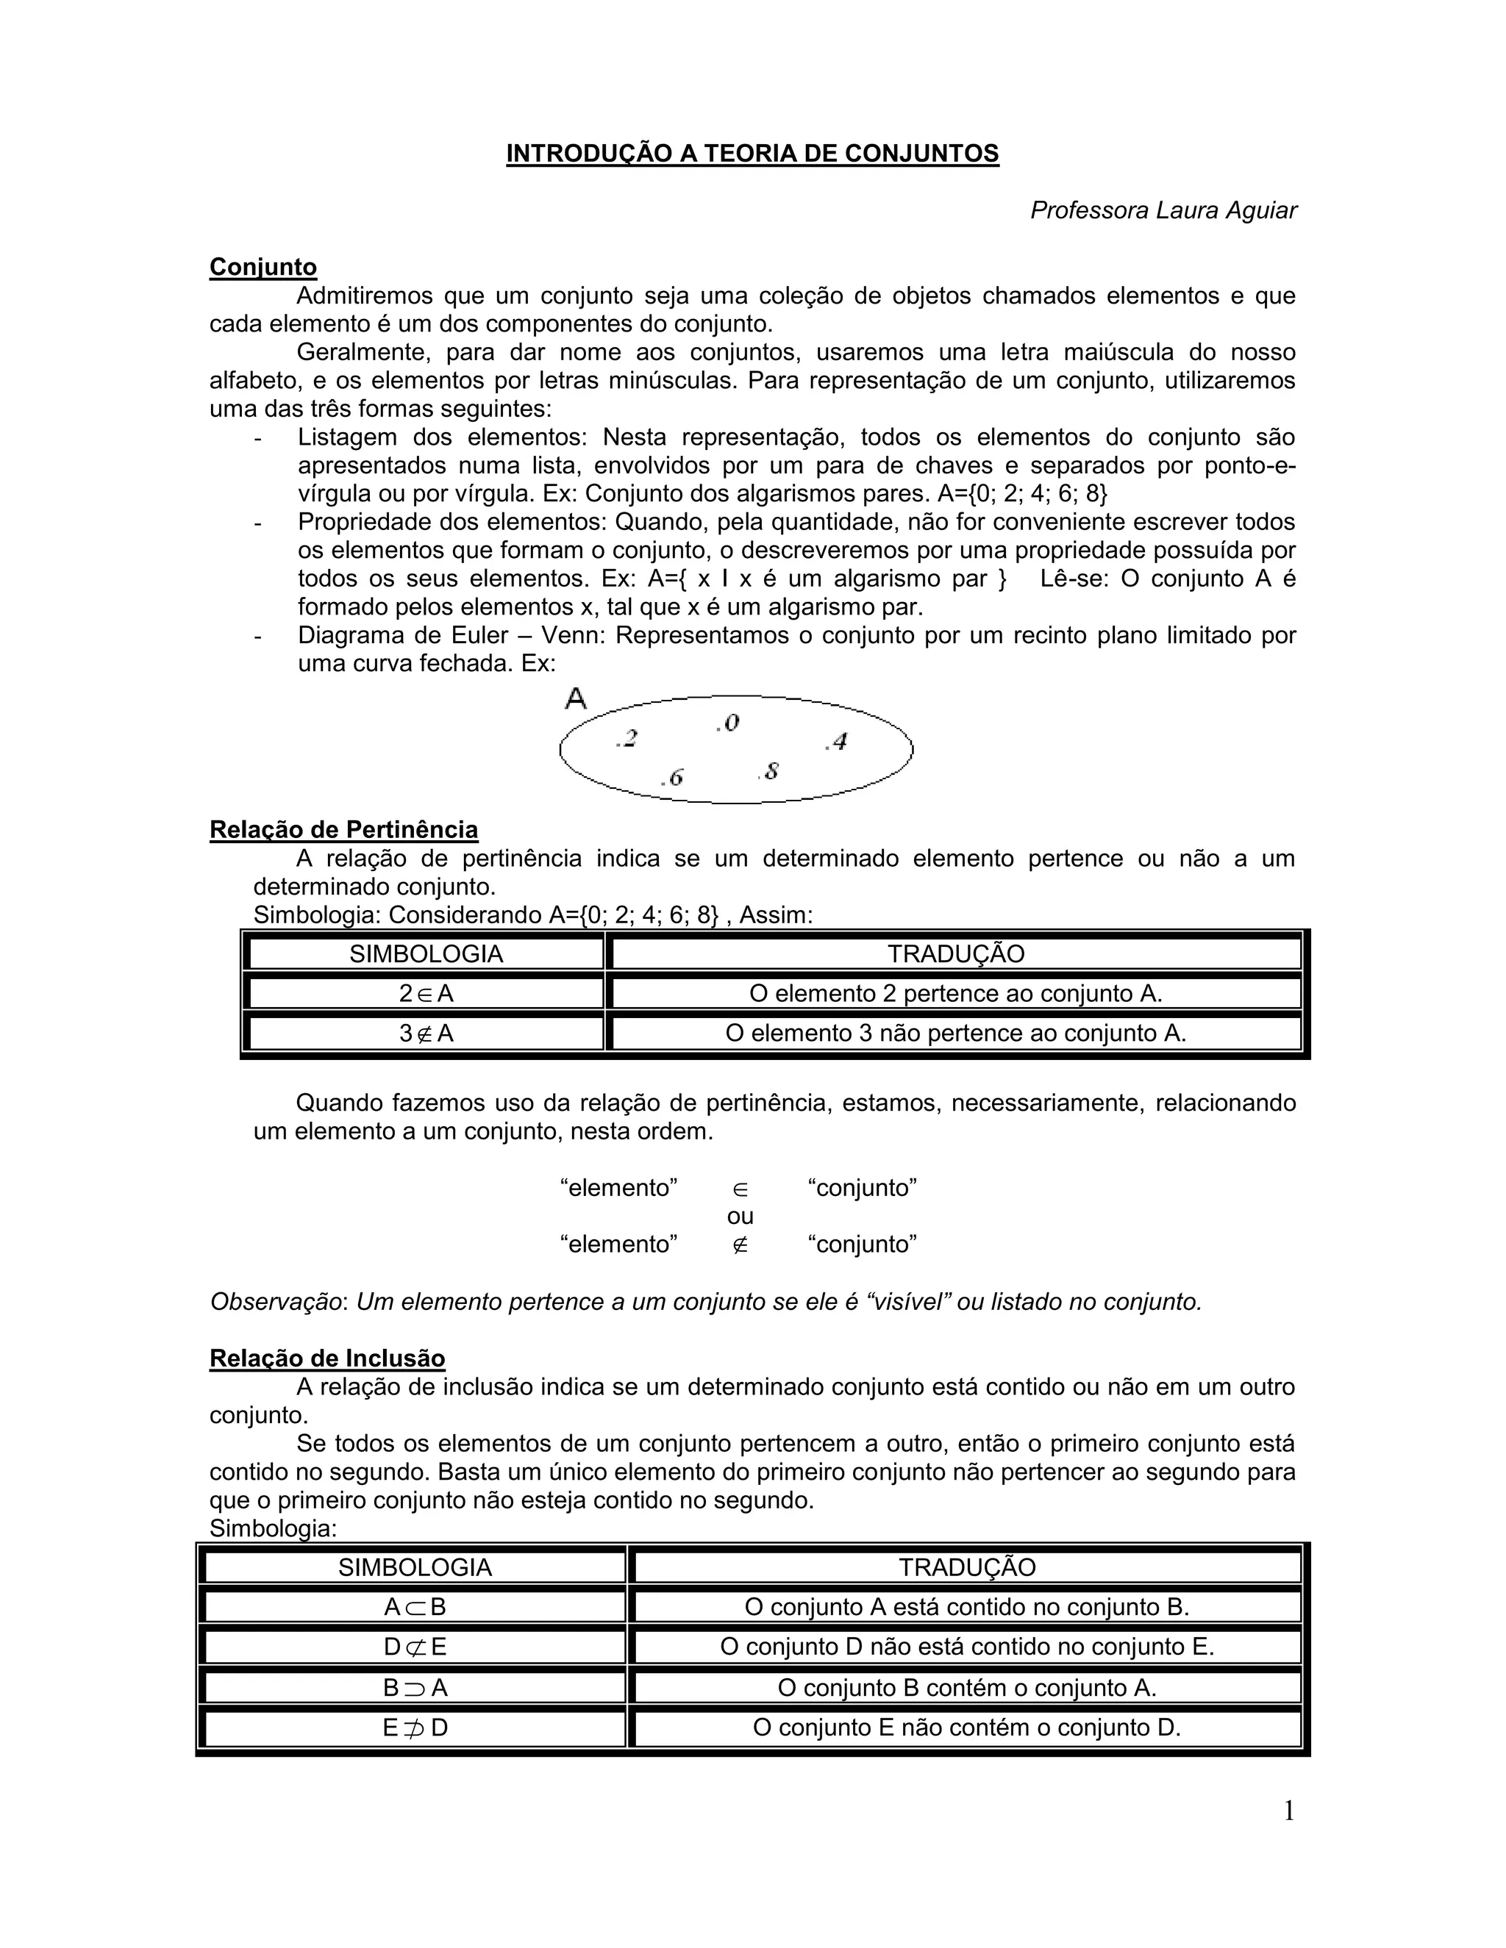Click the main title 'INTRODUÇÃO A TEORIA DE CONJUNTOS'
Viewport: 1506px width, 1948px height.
click(752, 154)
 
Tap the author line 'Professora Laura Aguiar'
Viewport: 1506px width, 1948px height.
click(1163, 210)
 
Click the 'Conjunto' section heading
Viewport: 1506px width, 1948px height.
click(263, 267)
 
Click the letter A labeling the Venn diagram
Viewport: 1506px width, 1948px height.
click(577, 698)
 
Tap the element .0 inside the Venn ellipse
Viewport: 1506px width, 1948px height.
click(728, 723)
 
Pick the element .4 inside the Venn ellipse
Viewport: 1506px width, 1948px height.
click(836, 741)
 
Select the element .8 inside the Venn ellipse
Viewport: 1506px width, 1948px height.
click(769, 770)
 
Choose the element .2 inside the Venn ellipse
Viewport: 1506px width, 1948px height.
click(627, 739)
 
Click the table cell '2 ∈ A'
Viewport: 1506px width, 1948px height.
click(427, 994)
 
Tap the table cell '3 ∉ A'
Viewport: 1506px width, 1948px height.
click(427, 1034)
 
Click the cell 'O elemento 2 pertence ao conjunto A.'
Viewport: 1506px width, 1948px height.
click(955, 994)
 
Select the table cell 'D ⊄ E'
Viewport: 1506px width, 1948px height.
click(415, 1647)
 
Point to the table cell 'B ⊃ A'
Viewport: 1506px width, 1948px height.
click(415, 1688)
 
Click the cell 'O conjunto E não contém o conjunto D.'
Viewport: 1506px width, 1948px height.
click(966, 1727)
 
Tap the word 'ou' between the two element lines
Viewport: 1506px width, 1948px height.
click(740, 1216)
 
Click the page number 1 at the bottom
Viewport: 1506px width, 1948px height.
click(1288, 1811)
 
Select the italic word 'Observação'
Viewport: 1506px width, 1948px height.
click(276, 1303)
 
